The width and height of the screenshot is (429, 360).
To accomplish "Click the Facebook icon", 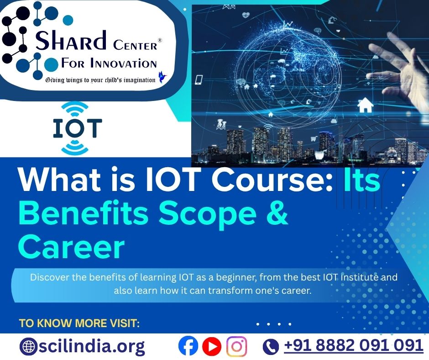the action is [x=188, y=346].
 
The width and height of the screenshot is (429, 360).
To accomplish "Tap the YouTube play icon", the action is [x=212, y=346].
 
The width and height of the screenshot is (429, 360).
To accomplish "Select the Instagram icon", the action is [x=236, y=346].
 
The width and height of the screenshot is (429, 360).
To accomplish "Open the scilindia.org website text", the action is [x=92, y=346].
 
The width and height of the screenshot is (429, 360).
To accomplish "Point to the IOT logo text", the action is [x=78, y=128].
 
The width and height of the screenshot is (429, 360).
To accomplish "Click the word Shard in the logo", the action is [x=71, y=41].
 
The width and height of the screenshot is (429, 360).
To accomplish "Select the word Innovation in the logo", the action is [x=124, y=64].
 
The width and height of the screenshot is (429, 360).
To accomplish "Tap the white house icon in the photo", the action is [x=365, y=105].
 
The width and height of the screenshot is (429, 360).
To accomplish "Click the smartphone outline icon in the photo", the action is [x=199, y=80].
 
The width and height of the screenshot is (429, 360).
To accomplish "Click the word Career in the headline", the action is [x=72, y=247].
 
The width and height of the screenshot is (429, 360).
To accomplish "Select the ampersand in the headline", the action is [x=276, y=213].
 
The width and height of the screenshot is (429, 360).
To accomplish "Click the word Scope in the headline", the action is [x=208, y=215].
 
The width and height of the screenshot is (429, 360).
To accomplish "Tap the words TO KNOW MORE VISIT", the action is [x=79, y=323].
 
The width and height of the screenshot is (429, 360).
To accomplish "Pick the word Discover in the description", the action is [x=50, y=277].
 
